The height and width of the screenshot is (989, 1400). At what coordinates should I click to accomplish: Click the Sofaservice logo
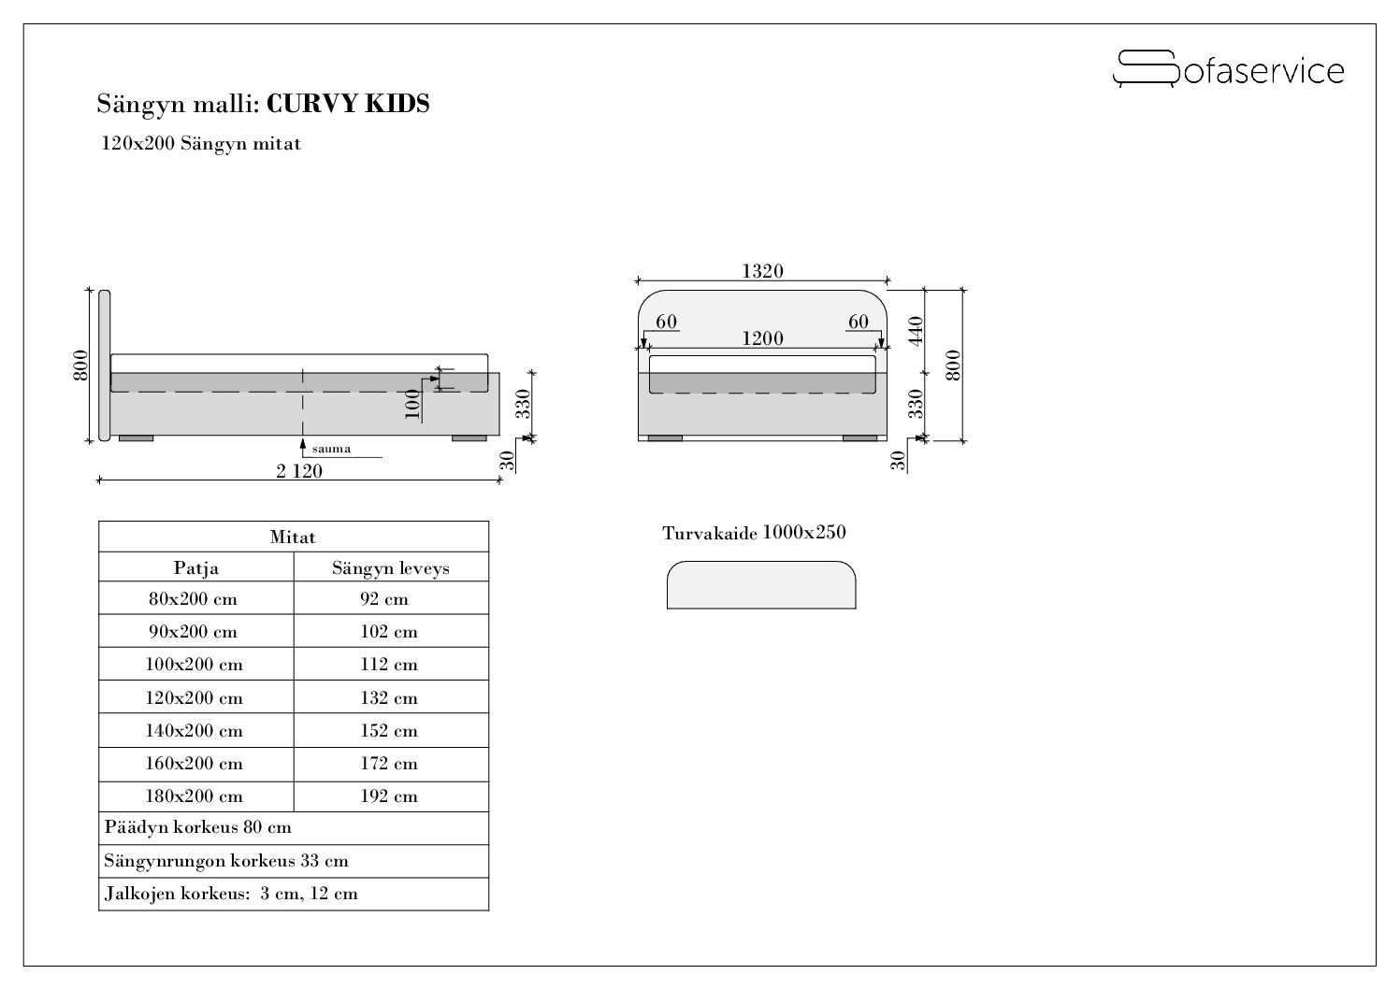click(x=1227, y=69)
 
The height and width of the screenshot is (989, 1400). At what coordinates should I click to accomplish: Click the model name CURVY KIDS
click(x=348, y=104)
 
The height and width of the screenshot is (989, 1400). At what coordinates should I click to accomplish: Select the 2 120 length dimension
click(x=298, y=471)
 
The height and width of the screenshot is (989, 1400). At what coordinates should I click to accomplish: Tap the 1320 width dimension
click(x=762, y=271)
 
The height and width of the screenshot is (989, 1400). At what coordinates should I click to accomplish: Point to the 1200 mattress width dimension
click(x=762, y=338)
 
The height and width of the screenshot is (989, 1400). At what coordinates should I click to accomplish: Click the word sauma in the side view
click(x=331, y=449)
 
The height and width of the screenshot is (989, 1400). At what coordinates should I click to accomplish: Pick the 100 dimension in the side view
click(x=412, y=404)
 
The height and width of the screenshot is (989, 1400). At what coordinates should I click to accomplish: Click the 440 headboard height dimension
click(x=916, y=330)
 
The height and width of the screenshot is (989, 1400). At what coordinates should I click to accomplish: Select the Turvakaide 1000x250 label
click(x=754, y=533)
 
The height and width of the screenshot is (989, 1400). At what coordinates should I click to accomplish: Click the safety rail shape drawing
click(x=760, y=585)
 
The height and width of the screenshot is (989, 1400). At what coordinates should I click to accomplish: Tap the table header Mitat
click(x=293, y=537)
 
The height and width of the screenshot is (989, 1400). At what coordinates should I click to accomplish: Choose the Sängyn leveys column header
click(x=390, y=567)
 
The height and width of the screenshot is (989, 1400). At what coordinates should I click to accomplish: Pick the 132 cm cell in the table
click(x=389, y=698)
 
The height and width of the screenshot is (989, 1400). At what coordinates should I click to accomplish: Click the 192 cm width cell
click(x=389, y=796)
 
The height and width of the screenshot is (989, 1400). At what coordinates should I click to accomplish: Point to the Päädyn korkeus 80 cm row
click(x=198, y=828)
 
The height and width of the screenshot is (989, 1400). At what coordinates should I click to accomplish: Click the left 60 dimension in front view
click(x=666, y=322)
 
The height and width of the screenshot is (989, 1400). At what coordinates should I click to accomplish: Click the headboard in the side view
click(x=104, y=365)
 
